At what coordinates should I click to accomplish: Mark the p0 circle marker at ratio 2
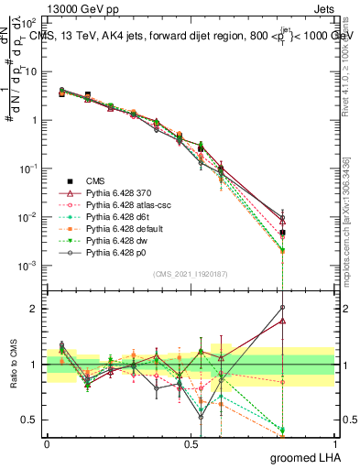click(x=282, y=308)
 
